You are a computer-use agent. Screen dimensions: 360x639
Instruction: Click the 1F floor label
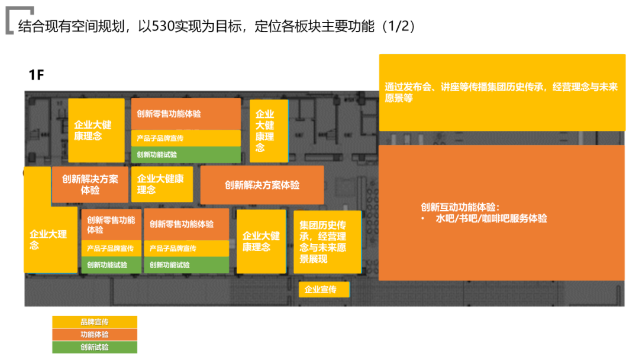pyautogui.click(x=37, y=75)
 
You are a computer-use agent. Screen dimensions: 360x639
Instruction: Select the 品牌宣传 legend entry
pyautogui.click(x=95, y=322)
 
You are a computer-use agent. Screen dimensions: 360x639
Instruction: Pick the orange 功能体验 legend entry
pyautogui.click(x=95, y=335)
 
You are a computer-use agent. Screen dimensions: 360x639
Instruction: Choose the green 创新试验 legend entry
pyautogui.click(x=95, y=348)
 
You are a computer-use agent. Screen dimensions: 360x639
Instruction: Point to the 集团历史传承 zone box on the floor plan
pyautogui.click(x=327, y=242)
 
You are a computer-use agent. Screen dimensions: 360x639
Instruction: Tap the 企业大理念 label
pyautogui.click(x=50, y=239)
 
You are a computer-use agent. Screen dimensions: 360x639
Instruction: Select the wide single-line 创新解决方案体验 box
pyautogui.click(x=262, y=185)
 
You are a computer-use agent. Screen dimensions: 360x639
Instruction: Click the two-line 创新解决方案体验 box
pyautogui.click(x=90, y=185)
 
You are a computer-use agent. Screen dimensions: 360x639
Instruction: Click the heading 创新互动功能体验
pyautogui.click(x=460, y=207)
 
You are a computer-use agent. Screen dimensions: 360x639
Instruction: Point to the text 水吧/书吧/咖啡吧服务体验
pyautogui.click(x=491, y=218)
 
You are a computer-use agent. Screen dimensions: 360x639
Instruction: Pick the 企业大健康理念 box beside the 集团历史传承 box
pyautogui.click(x=261, y=242)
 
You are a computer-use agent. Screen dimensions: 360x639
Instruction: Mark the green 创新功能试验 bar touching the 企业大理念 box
pyautogui.click(x=111, y=265)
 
